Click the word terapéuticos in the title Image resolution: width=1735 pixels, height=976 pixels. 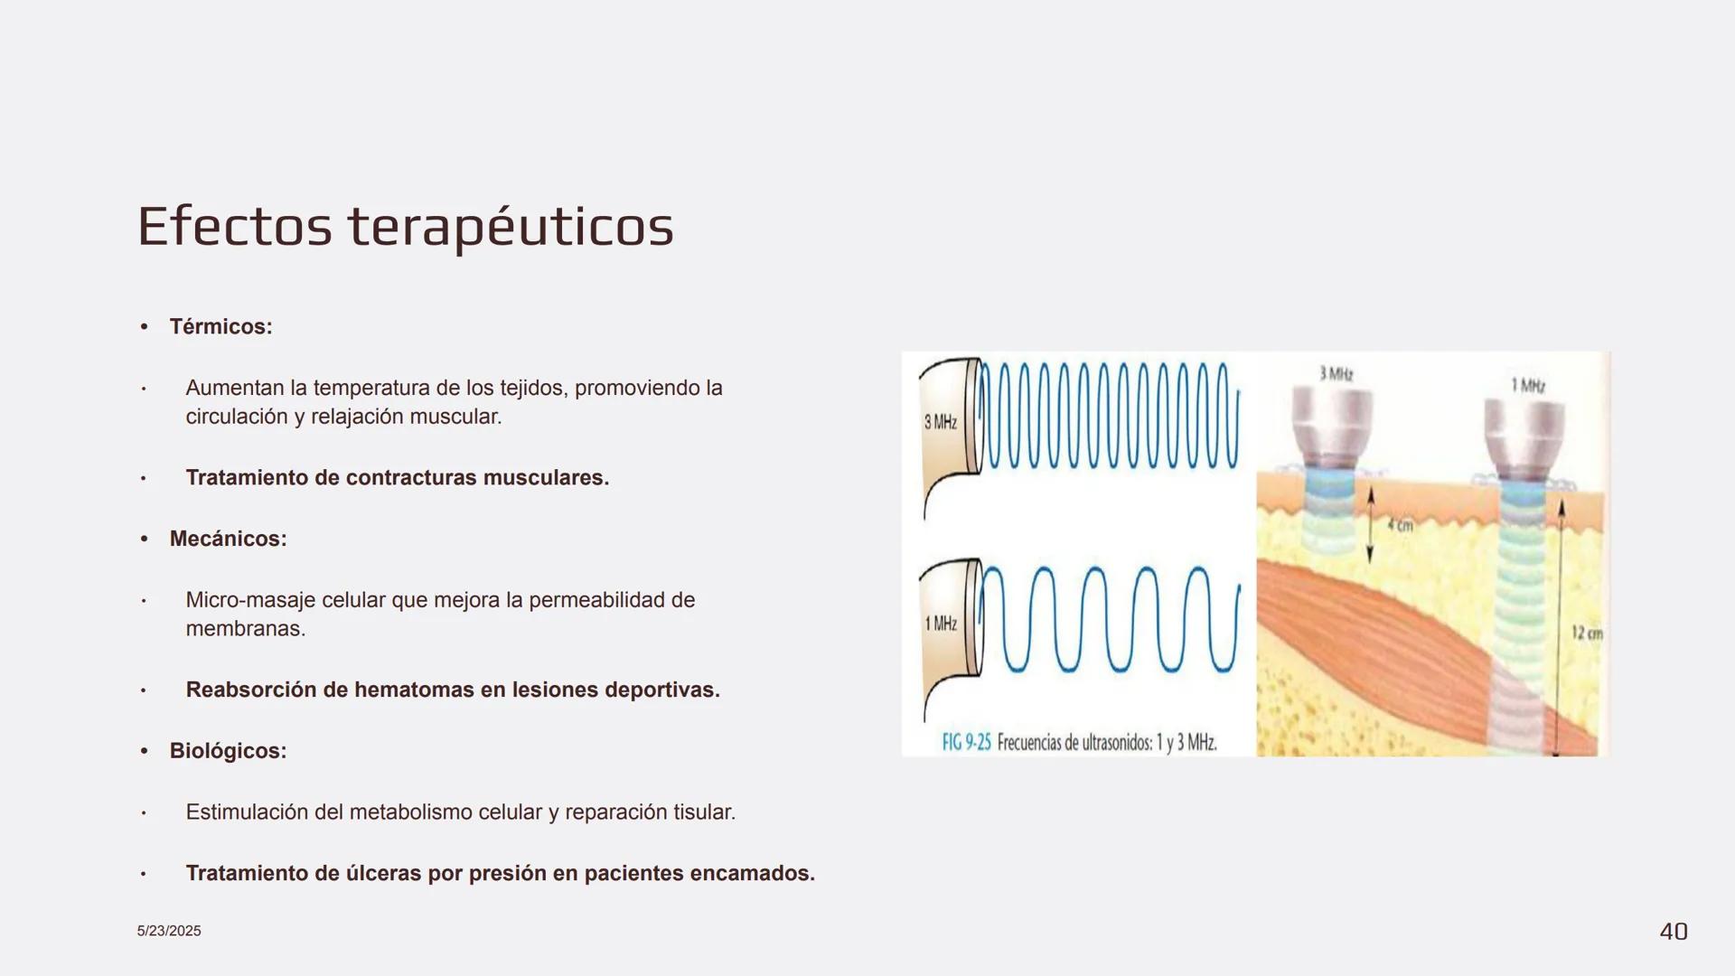pos(511,228)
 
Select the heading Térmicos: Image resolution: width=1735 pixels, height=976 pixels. pos(220,327)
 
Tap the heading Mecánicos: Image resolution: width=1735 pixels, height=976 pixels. pos(228,540)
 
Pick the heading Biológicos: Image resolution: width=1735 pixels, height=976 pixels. pos(228,751)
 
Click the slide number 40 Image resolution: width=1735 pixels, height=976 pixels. pos(1674,932)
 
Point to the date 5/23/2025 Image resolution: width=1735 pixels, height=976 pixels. pos(169,932)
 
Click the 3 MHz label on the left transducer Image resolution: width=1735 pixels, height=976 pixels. pos(941,422)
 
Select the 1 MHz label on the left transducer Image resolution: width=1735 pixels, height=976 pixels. pos(941,624)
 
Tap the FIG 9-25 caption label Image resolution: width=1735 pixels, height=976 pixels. pos(966,743)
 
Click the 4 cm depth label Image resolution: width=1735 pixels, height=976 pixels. pos(1400,525)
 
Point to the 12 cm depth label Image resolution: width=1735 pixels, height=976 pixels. pos(1587,633)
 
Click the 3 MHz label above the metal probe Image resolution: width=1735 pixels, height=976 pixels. pos(1336,373)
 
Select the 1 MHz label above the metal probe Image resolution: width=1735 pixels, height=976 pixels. pos(1528,386)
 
